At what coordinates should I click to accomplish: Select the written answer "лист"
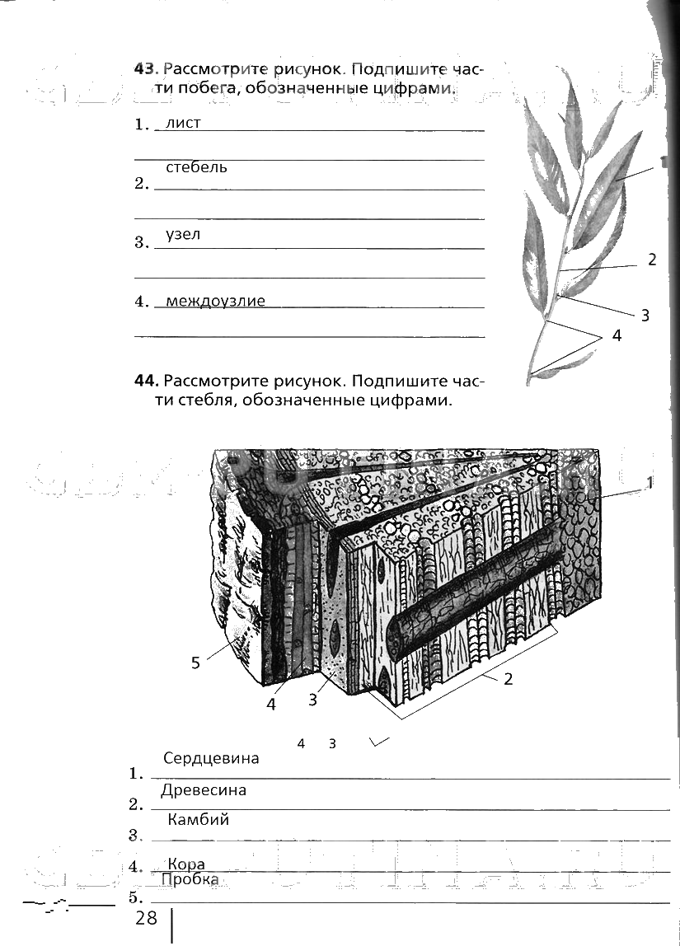click(x=183, y=123)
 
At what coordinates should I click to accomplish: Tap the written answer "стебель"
click(x=196, y=167)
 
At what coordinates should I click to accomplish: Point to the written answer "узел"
click(x=183, y=234)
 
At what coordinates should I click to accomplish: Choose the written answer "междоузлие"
click(x=215, y=301)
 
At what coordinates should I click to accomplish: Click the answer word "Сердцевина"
click(x=211, y=758)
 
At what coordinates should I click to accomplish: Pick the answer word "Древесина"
click(x=204, y=790)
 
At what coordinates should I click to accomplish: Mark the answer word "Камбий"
click(x=198, y=820)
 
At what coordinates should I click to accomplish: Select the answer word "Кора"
click(x=185, y=863)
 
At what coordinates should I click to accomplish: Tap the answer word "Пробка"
click(x=190, y=879)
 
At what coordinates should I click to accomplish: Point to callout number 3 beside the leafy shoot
click(x=645, y=314)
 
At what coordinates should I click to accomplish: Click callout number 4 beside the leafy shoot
click(x=617, y=336)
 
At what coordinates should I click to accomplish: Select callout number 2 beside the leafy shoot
click(x=652, y=260)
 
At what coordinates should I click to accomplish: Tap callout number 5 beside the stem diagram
click(x=195, y=662)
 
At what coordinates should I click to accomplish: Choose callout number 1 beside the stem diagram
click(x=650, y=484)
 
